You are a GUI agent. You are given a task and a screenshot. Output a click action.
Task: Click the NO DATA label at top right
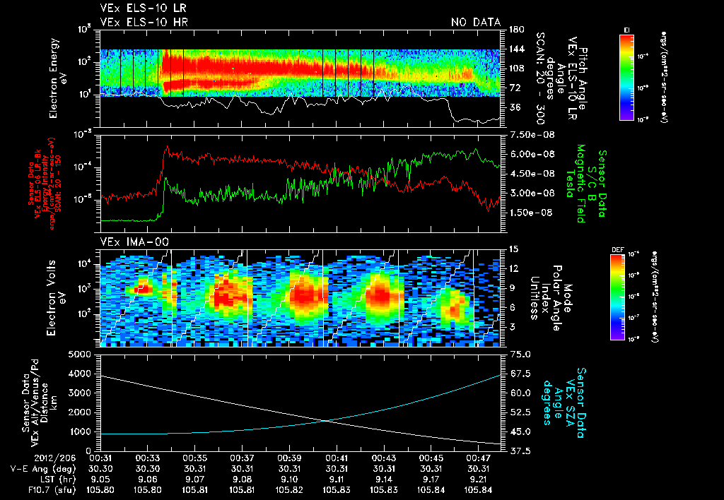tap(476, 23)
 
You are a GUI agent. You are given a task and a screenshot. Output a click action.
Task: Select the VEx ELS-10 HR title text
tap(138, 23)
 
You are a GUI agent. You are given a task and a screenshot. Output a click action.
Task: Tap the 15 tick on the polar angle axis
tap(508, 249)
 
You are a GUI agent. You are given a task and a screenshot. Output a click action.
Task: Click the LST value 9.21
tap(479, 479)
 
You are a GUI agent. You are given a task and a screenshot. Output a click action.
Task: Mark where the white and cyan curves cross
tap(325, 421)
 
